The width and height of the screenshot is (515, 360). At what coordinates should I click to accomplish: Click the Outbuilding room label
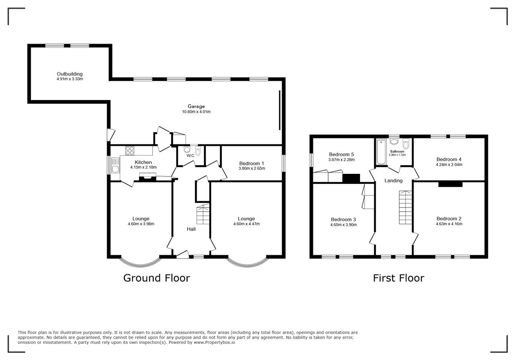tap(70, 74)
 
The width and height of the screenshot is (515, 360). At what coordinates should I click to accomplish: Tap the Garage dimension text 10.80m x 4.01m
tap(196, 112)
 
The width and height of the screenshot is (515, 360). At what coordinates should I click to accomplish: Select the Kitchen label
tap(143, 162)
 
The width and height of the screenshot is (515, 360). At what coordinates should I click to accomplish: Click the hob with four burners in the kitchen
tap(130, 150)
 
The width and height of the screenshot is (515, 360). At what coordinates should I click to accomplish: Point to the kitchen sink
tap(115, 165)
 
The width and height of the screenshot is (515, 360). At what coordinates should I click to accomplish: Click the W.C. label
tap(191, 156)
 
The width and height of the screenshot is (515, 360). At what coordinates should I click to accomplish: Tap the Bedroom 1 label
tap(251, 163)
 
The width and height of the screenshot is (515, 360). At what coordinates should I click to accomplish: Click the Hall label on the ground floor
tap(191, 229)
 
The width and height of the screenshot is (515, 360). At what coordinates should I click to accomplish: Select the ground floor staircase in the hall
tap(203, 214)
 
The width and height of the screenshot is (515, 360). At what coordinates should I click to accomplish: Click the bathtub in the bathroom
tap(381, 152)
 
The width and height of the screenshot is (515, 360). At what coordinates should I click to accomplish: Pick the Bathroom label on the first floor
tap(397, 152)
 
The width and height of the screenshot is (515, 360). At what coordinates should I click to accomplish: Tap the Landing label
tap(393, 181)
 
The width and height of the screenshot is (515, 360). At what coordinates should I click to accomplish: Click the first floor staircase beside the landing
tap(405, 208)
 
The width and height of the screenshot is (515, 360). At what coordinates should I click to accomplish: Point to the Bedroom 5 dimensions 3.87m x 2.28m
tap(342, 160)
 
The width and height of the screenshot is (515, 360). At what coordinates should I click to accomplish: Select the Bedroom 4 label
tap(449, 159)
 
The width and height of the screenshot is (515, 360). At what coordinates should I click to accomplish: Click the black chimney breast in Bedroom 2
tap(450, 184)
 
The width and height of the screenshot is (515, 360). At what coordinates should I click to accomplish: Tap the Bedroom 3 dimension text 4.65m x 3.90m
tap(344, 224)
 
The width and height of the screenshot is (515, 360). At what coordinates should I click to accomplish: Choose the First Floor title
tap(398, 278)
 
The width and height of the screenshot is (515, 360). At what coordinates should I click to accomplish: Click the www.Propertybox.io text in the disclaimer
tap(214, 342)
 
